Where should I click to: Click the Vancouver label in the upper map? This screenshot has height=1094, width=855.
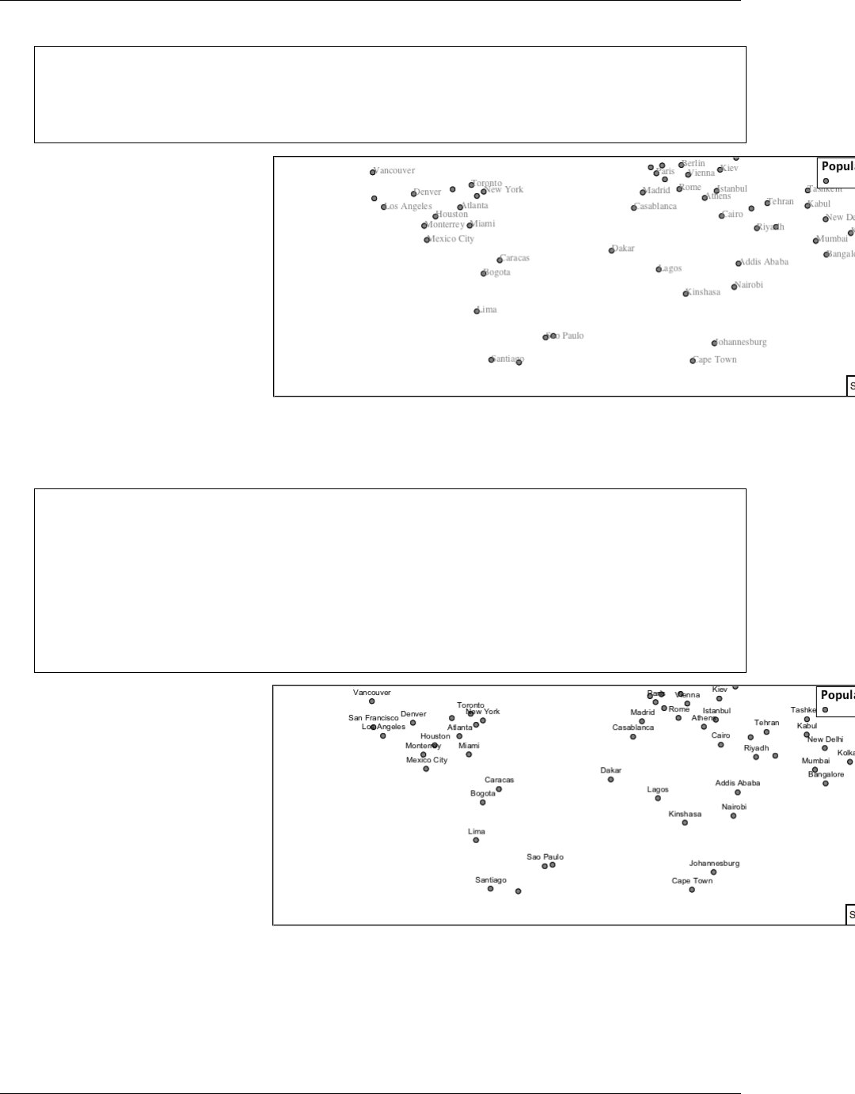(394, 171)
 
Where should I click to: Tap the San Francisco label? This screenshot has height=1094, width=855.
(373, 718)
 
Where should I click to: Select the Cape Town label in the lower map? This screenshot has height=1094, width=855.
(692, 880)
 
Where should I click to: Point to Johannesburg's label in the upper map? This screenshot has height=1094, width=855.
(741, 343)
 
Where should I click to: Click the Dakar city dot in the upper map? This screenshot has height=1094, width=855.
(611, 251)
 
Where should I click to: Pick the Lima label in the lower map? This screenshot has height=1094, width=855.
(477, 831)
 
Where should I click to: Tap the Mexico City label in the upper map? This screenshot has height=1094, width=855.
(451, 239)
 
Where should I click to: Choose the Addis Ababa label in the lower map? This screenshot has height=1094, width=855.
(737, 783)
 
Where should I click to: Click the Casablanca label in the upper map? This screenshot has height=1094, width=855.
(656, 207)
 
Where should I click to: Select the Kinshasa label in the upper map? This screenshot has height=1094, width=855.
(704, 292)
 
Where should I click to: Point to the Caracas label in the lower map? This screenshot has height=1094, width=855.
(499, 780)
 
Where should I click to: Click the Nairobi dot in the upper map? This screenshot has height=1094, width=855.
(734, 287)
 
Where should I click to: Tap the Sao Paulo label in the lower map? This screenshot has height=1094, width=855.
(545, 857)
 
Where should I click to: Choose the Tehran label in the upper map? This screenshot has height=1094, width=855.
(781, 202)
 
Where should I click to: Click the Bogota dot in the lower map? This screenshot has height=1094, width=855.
(483, 803)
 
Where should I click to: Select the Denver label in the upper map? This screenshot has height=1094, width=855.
(427, 192)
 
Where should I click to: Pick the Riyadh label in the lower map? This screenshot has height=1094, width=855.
(756, 748)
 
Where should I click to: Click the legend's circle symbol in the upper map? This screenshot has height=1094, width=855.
(826, 180)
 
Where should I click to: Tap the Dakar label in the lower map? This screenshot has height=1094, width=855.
(610, 770)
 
